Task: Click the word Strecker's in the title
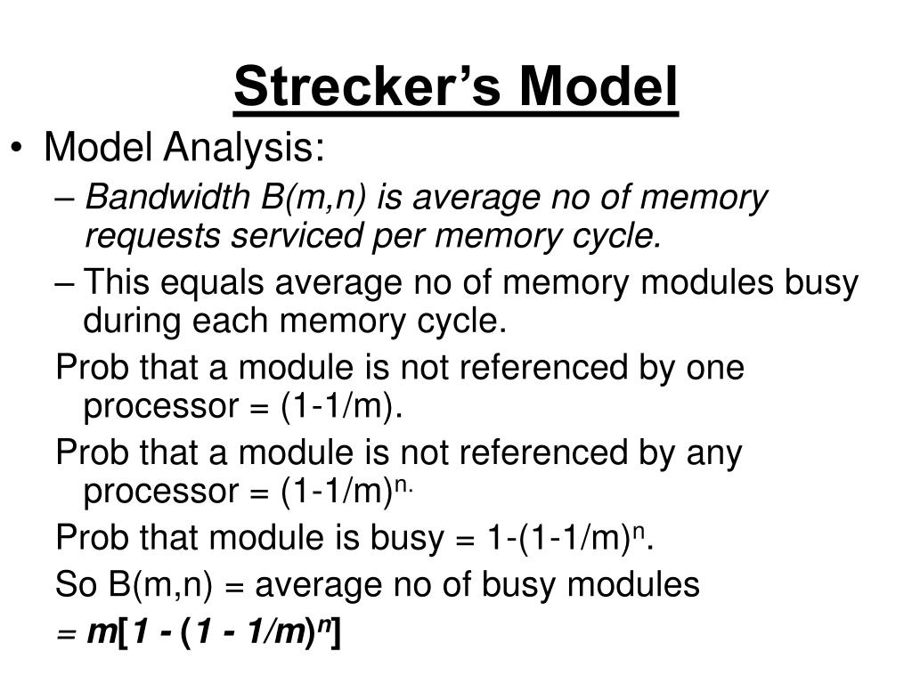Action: [x=369, y=88]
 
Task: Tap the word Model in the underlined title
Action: [x=599, y=88]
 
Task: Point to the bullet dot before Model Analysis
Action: [x=20, y=149]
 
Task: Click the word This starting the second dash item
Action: [x=119, y=283]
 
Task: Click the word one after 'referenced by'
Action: [x=713, y=367]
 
